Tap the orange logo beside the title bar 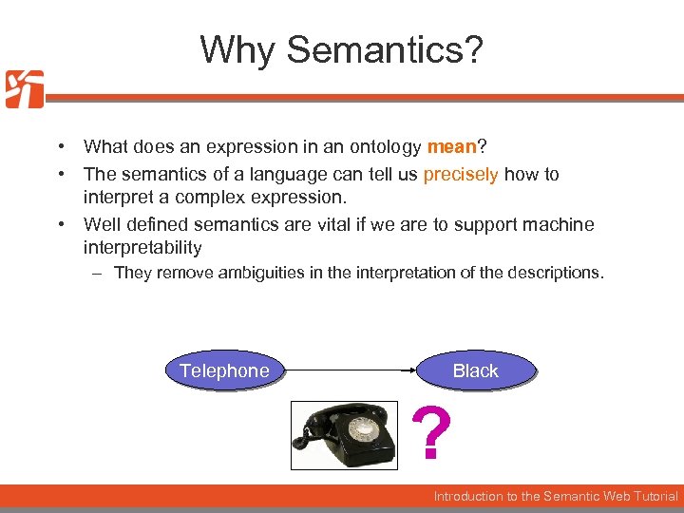[24, 89]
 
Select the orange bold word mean [451, 146]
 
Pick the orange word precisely [461, 174]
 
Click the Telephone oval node [224, 370]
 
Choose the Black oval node [475, 370]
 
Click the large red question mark [432, 434]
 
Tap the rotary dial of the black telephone [363, 429]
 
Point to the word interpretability [142, 247]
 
